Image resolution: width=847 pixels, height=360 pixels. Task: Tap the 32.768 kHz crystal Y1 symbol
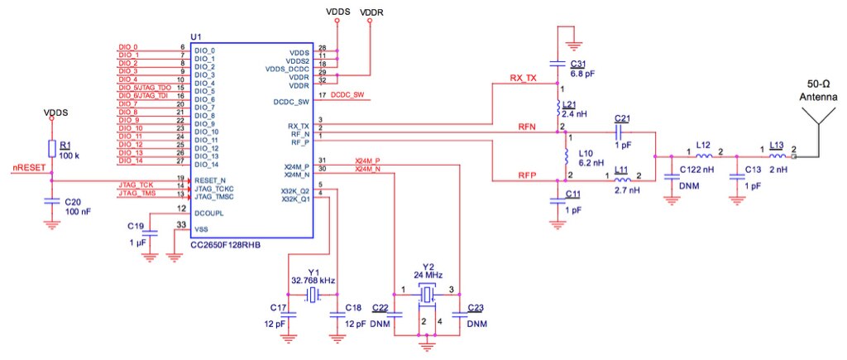[313, 295]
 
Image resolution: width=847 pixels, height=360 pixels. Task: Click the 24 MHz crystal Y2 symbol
[428, 295]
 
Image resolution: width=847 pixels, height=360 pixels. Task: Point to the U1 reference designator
[196, 36]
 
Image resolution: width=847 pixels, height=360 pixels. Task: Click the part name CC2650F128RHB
[225, 245]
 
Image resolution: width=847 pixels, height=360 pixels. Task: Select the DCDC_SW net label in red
[347, 95]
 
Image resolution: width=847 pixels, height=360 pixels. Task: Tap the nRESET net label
[29, 168]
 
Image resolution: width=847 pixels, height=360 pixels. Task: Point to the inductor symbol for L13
[777, 156]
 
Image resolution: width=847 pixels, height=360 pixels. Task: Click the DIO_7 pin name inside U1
[205, 108]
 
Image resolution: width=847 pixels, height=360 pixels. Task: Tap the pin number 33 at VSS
[181, 224]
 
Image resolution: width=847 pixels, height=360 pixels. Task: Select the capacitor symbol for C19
[152, 233]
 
